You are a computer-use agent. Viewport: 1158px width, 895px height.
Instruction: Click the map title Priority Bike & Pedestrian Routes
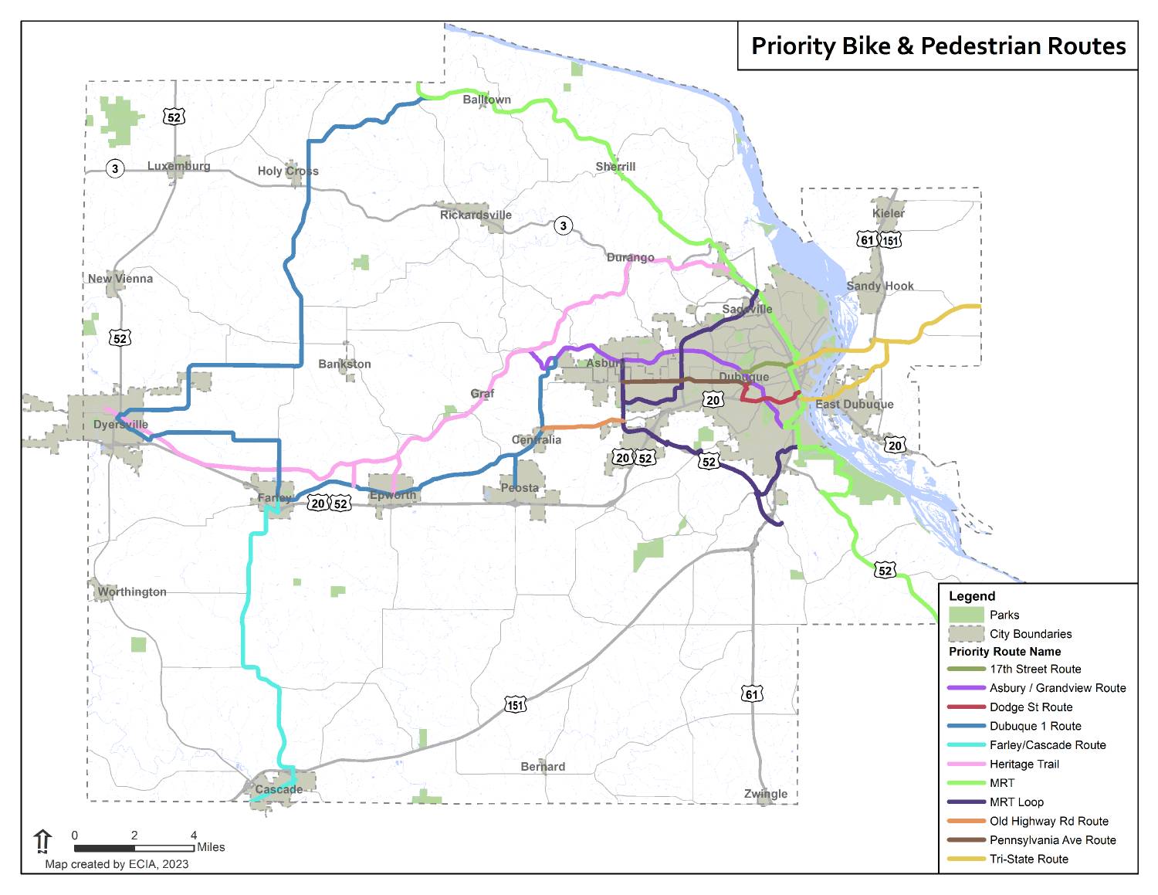click(938, 46)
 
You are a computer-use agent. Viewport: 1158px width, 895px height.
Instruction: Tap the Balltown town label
click(486, 100)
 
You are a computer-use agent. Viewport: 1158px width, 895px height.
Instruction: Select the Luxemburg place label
click(178, 166)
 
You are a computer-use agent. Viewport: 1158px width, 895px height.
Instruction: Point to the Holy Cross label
click(288, 171)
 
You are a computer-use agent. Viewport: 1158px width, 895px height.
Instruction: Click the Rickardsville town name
click(476, 215)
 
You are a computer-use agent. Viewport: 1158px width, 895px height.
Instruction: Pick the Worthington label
click(132, 592)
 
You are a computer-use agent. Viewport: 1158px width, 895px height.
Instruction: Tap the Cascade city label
click(279, 789)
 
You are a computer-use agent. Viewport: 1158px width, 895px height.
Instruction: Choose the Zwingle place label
click(766, 794)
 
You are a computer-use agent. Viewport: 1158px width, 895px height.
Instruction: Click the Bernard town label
click(543, 767)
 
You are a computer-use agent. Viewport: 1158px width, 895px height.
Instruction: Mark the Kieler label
click(888, 213)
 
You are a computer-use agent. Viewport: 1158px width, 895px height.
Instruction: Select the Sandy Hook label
click(879, 286)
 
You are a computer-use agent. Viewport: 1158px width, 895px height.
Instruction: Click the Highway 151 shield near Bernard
click(516, 704)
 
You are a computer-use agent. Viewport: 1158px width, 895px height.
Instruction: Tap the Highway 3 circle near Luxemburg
click(115, 168)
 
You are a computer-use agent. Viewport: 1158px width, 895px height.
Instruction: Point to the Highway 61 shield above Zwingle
click(752, 693)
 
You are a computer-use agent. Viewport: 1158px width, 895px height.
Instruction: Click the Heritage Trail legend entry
click(1024, 764)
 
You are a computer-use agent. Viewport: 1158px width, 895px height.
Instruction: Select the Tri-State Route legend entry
click(1028, 859)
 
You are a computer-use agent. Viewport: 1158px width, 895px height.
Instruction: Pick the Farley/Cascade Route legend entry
click(1047, 745)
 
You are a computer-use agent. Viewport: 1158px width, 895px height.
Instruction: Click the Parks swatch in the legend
click(966, 615)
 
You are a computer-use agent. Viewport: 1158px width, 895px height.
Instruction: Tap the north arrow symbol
click(42, 841)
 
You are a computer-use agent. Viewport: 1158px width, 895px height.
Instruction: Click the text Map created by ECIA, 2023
click(117, 864)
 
